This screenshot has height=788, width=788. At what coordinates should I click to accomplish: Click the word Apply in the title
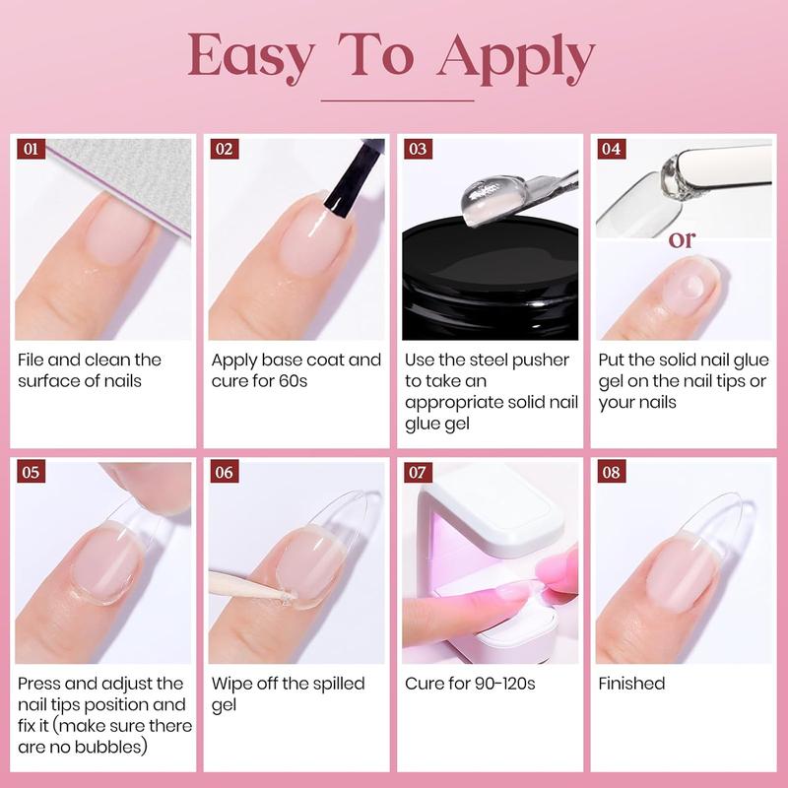pyautogui.click(x=517, y=59)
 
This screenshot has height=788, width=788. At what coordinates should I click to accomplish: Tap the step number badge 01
pyautogui.click(x=32, y=150)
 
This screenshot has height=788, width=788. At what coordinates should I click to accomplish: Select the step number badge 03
pyautogui.click(x=418, y=150)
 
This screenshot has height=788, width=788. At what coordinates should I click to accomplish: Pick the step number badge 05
pyautogui.click(x=32, y=473)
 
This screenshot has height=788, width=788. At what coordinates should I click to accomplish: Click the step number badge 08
pyautogui.click(x=611, y=473)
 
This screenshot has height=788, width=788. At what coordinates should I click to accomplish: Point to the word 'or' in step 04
pyautogui.click(x=683, y=239)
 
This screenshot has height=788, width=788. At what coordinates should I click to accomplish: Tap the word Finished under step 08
pyautogui.click(x=631, y=684)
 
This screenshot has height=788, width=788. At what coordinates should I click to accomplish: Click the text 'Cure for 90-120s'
pyautogui.click(x=470, y=684)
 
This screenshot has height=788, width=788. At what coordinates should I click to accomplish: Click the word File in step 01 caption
pyautogui.click(x=35, y=360)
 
